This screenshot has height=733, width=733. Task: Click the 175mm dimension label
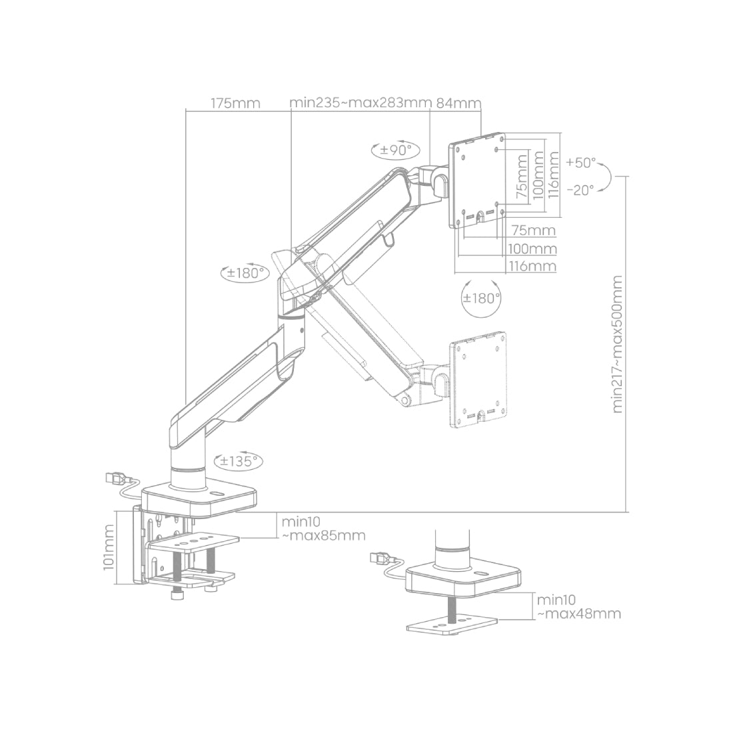[x=235, y=103]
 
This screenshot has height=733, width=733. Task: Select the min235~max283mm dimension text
[x=360, y=103]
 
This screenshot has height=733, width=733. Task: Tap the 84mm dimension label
[x=458, y=103]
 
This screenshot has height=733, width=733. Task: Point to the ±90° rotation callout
[x=395, y=149]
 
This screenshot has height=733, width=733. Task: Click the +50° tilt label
[x=580, y=163]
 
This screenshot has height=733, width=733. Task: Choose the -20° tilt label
[x=580, y=190]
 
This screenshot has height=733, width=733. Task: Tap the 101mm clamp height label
[x=109, y=547]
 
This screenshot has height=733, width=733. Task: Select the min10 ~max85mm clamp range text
[x=323, y=528]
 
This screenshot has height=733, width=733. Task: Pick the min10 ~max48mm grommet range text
[x=579, y=607]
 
